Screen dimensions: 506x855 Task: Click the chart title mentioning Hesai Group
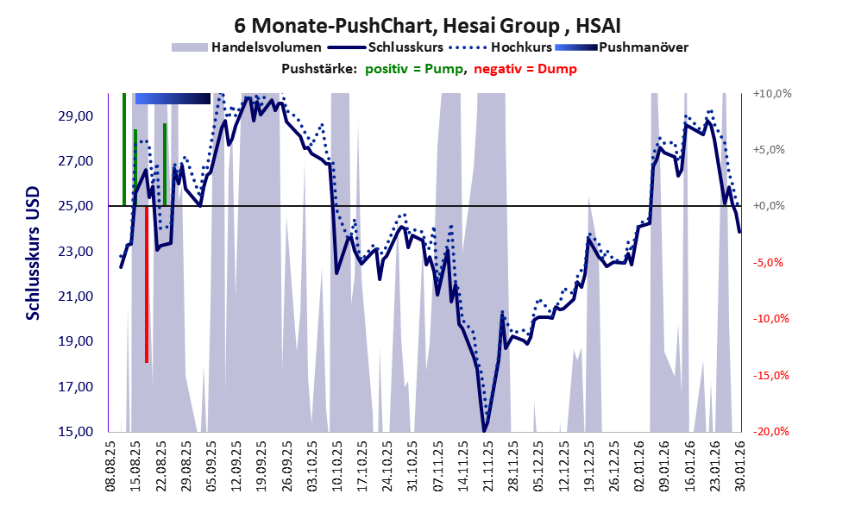click(427, 26)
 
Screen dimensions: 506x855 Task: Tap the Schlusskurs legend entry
click(405, 47)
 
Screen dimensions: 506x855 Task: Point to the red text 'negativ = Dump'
click(525, 69)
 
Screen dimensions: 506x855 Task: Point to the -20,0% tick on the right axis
click(771, 431)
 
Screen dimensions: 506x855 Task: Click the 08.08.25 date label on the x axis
click(111, 465)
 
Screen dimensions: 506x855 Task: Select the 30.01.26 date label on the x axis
click(739, 465)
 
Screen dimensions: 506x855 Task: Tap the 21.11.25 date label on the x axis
click(487, 465)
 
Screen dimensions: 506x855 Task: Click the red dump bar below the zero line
click(147, 284)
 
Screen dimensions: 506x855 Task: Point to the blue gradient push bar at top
click(173, 99)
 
